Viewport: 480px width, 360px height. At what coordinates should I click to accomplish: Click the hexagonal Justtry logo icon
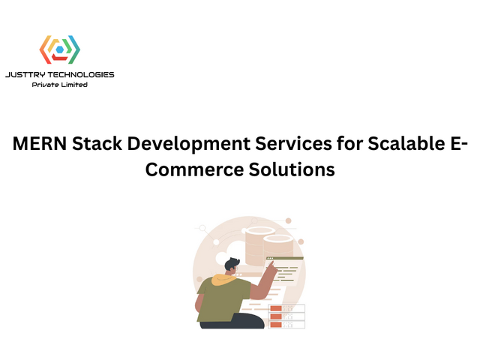(x=59, y=50)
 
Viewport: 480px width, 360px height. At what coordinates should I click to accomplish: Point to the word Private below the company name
(x=46, y=85)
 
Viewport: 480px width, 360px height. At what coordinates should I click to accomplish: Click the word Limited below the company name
(x=74, y=85)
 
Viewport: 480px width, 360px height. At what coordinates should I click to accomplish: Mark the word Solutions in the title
(x=292, y=169)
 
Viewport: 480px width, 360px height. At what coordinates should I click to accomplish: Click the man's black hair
(x=232, y=263)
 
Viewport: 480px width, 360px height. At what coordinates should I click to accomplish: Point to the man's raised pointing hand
(x=271, y=267)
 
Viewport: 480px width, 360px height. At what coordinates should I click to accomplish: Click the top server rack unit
(x=287, y=308)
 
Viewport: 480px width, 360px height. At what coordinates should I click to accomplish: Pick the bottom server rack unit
(x=287, y=325)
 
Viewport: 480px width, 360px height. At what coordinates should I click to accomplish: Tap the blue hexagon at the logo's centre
(x=59, y=50)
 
